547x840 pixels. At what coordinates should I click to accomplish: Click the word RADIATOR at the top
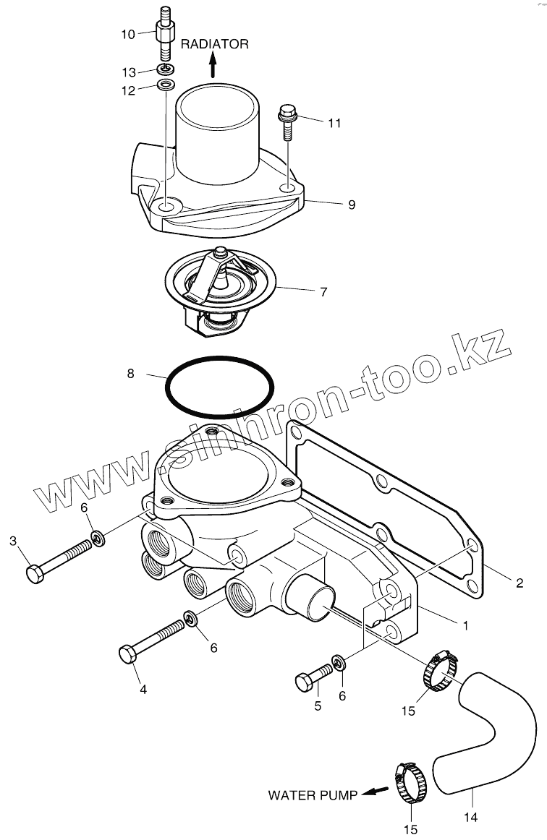214,44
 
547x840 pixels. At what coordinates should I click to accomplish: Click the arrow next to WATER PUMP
370,792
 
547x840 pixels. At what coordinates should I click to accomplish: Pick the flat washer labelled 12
166,86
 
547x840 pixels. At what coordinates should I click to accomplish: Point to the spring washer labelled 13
166,69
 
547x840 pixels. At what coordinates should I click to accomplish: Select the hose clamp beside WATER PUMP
410,785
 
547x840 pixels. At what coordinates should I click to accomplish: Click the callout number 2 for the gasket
519,582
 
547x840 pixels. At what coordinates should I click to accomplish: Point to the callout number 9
352,205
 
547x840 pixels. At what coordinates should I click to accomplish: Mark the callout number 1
465,625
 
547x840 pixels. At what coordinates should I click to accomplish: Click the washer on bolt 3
97,539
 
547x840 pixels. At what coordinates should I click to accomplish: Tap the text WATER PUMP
313,795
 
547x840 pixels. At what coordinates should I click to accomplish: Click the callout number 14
471,818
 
